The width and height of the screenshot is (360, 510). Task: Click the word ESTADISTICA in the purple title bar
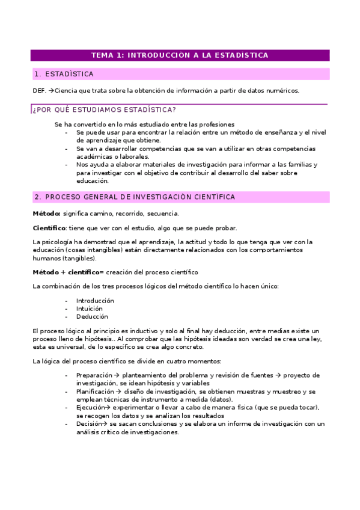(x=242, y=55)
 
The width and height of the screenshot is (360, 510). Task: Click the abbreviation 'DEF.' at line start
(x=39, y=91)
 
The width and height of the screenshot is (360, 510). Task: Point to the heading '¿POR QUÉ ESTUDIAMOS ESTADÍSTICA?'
(x=104, y=109)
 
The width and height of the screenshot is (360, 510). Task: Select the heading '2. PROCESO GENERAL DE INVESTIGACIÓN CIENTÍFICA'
(x=135, y=197)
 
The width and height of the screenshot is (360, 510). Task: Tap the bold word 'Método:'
(x=46, y=214)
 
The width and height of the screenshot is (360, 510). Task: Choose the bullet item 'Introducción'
(x=95, y=301)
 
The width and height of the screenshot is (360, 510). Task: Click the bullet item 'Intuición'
(x=90, y=309)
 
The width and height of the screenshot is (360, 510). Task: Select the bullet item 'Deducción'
(x=92, y=316)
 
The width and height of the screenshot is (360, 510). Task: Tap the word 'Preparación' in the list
(x=94, y=375)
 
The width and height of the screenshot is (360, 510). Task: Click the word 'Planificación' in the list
(x=96, y=392)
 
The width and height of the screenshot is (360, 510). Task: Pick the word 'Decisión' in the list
(x=90, y=423)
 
